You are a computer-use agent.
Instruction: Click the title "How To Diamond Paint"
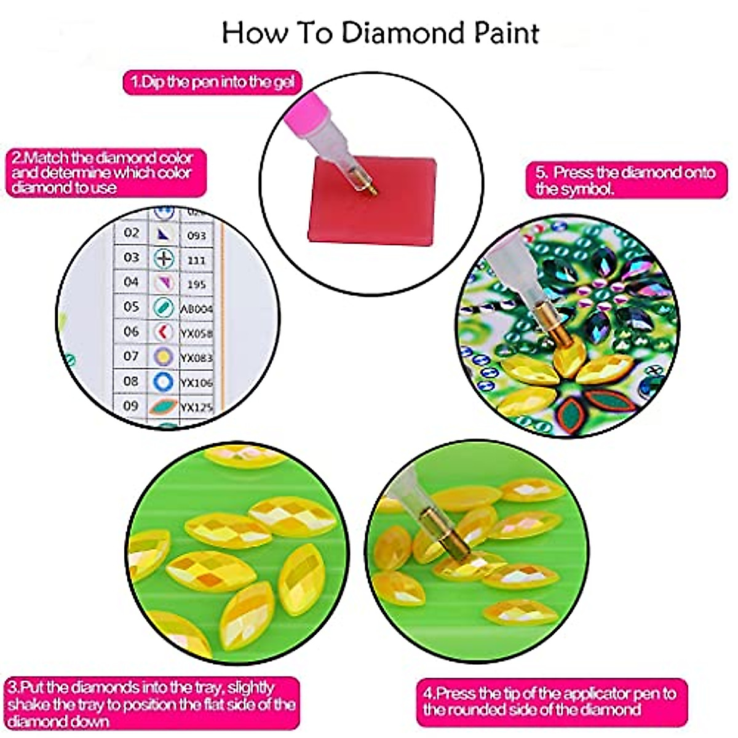[380, 33]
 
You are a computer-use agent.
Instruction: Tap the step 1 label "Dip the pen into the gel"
[212, 82]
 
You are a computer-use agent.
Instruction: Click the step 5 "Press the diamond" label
[625, 180]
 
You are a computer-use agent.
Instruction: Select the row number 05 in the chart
[131, 306]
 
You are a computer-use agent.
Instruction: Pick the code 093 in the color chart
[196, 236]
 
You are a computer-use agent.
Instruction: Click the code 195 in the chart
[196, 284]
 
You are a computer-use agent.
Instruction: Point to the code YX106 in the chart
[196, 383]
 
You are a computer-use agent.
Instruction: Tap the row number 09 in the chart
[131, 405]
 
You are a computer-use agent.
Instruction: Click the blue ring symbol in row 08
[163, 381]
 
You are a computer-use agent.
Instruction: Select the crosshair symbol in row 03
[164, 258]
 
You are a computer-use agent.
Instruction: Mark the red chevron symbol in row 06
[162, 332]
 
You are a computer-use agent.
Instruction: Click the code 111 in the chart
[196, 260]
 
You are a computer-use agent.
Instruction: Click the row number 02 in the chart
[131, 232]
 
